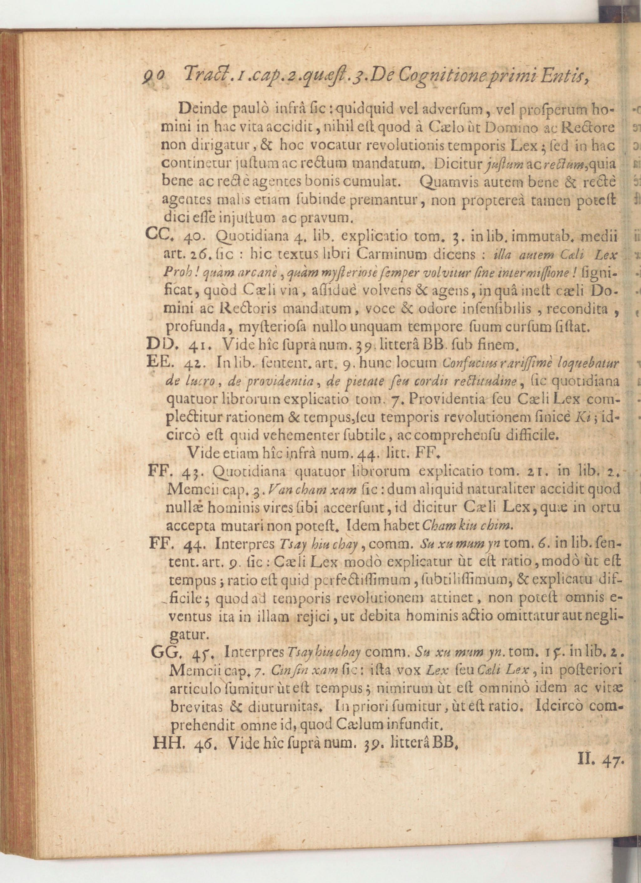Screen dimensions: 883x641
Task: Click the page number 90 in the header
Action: click(x=156, y=74)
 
